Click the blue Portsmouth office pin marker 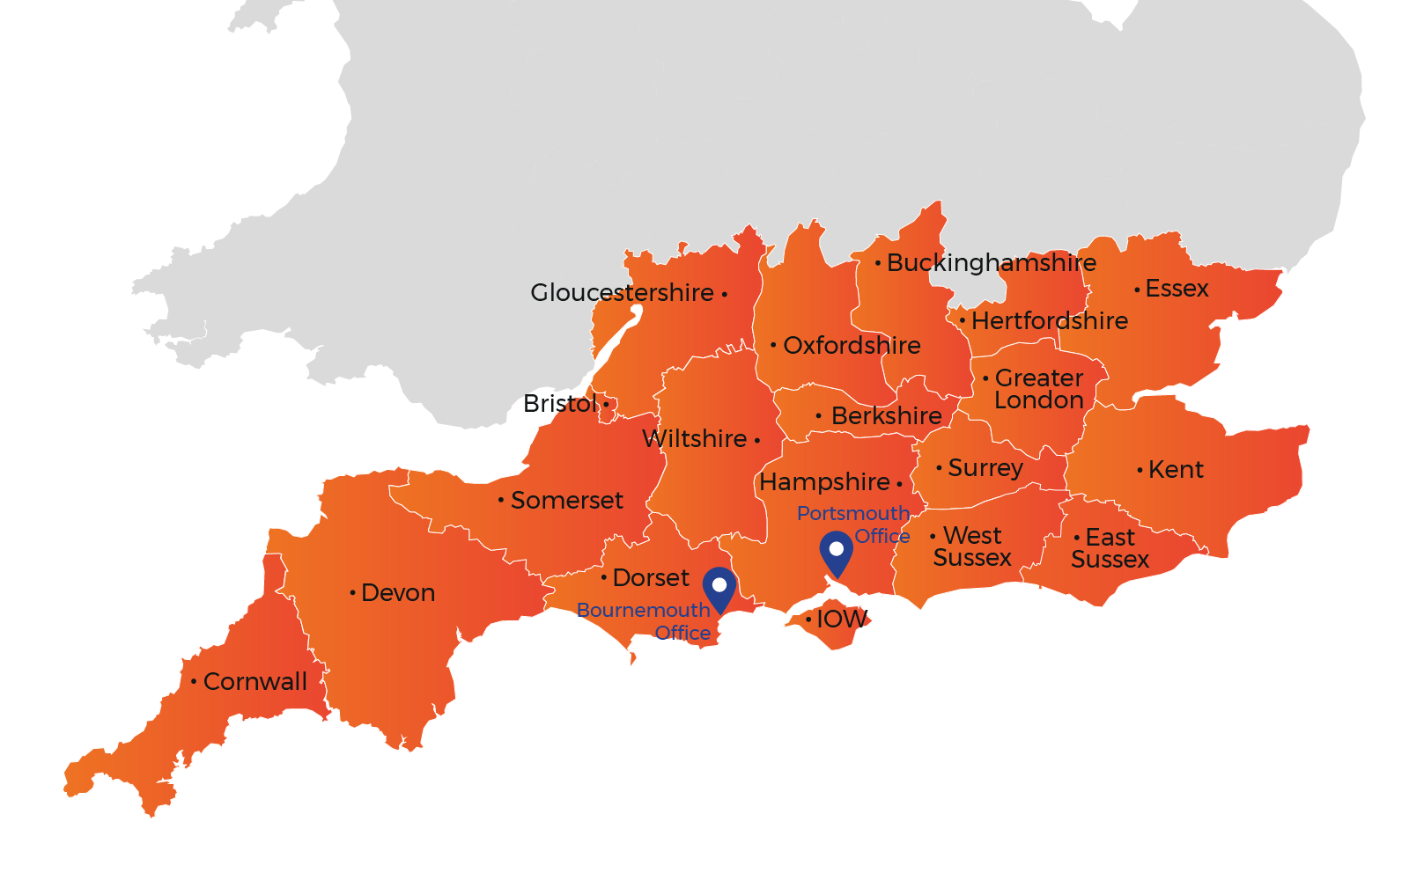(836, 551)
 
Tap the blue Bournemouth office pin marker (719, 587)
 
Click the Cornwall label (255, 682)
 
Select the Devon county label (397, 593)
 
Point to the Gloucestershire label (622, 293)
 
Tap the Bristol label (560, 404)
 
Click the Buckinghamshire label (991, 263)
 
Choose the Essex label (1177, 289)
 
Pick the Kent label (1175, 470)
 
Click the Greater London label (1039, 389)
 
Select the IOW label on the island (841, 620)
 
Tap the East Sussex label (1110, 548)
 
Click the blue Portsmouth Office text (853, 524)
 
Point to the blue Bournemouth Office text (644, 621)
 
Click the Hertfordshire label (1049, 321)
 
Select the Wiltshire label (694, 439)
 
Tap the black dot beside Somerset (501, 500)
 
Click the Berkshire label (886, 416)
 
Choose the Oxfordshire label (852, 346)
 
